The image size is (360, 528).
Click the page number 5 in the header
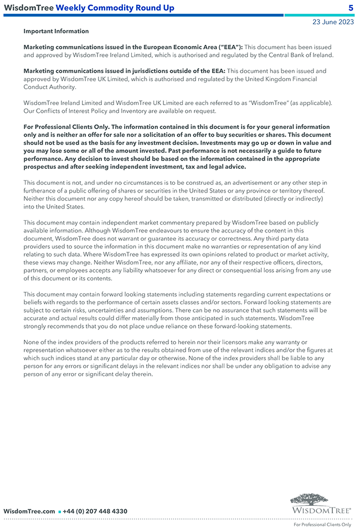351,8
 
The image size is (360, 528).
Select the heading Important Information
56,32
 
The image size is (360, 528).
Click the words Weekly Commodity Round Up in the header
115,8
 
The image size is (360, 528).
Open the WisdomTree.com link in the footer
29,511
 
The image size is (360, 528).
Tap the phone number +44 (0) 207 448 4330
95,511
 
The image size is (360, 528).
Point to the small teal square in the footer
59,512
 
